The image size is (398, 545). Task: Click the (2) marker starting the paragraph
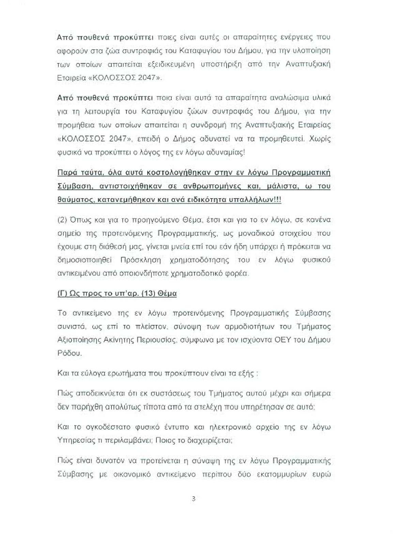(62, 220)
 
